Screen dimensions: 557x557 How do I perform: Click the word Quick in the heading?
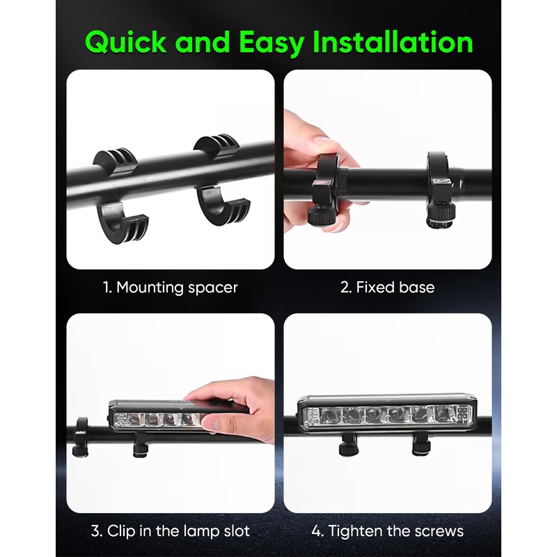pos(125,42)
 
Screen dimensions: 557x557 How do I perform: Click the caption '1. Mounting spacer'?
pos(170,288)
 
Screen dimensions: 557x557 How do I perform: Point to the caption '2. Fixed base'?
pos(387,288)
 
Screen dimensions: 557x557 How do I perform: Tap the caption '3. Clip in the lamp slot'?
pos(170,531)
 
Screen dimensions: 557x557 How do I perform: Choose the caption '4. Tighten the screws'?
pos(387,531)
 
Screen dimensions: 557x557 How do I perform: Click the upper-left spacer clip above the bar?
pos(116,162)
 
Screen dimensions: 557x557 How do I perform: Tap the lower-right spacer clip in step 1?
pos(222,205)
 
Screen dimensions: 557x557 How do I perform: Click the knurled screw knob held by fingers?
pos(321,214)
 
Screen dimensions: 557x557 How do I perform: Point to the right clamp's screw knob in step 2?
pos(441,215)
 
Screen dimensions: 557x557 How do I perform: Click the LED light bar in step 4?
pos(385,414)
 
